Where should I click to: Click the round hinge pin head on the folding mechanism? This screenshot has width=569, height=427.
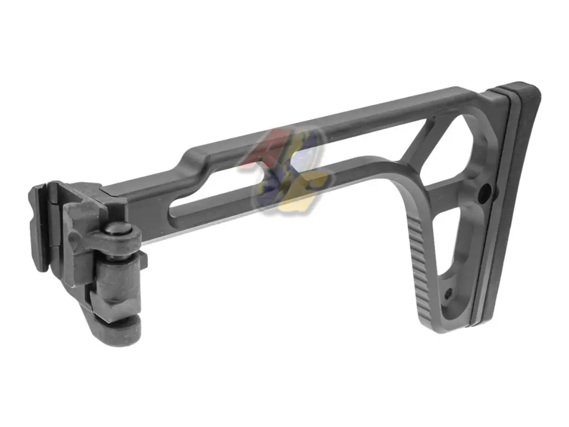tap(115, 230)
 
